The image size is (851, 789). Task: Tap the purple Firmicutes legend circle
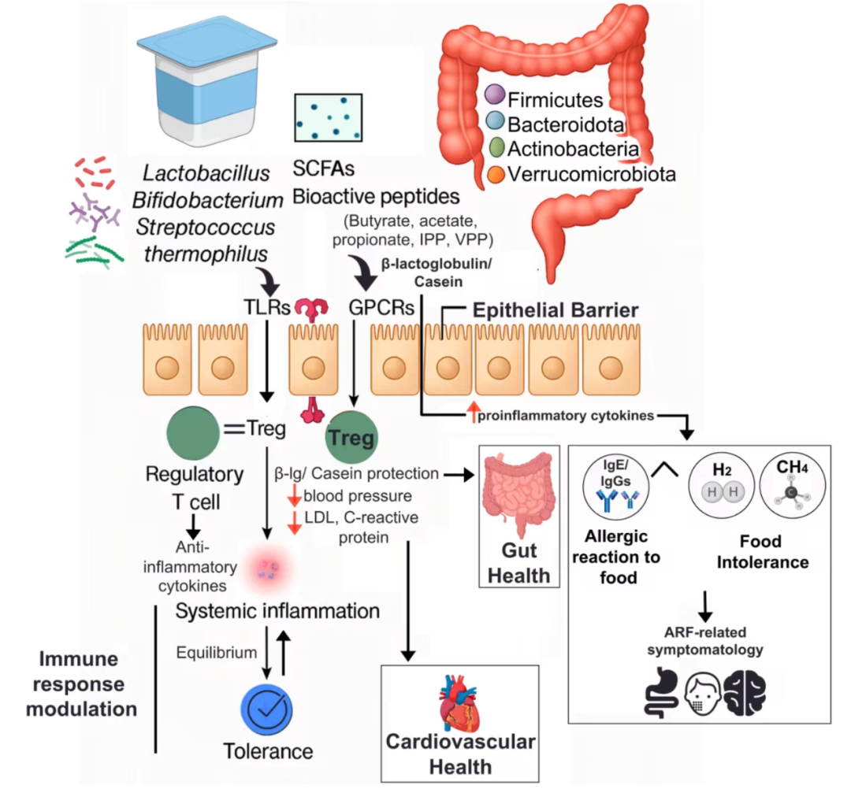(x=495, y=96)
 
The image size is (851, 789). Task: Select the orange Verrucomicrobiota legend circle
(x=495, y=174)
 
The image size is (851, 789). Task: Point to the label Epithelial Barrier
(x=555, y=309)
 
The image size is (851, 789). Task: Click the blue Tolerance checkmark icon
(x=269, y=709)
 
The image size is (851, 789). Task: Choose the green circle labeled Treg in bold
(x=351, y=438)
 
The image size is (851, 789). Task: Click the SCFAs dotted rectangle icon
(x=328, y=117)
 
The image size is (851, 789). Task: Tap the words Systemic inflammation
(x=277, y=611)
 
